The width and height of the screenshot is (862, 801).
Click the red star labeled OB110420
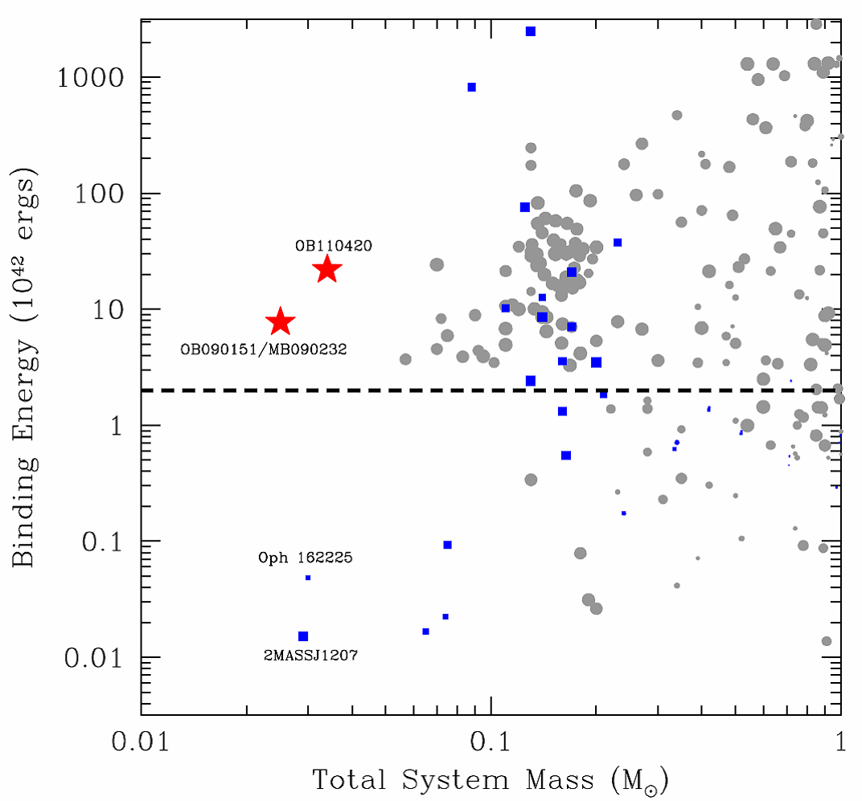[x=327, y=270]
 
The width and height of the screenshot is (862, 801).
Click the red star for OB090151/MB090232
[x=280, y=321]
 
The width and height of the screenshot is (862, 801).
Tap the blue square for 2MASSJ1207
[x=303, y=636]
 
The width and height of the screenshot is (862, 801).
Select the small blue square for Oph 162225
[x=308, y=578]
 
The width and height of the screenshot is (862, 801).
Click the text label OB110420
[x=334, y=246]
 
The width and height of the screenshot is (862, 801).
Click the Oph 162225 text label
[x=306, y=557]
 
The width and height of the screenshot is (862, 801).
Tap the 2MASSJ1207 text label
[x=310, y=656]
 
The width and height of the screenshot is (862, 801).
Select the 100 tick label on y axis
[x=102, y=194]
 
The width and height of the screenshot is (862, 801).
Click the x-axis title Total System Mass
[x=491, y=779]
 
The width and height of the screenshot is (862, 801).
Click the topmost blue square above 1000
[x=531, y=31]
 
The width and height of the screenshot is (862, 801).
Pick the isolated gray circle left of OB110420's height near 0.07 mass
[x=437, y=264]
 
